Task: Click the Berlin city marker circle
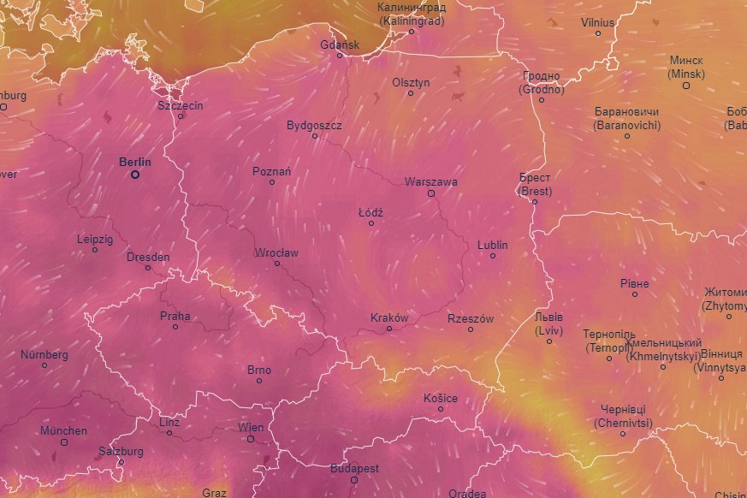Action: click(x=134, y=175)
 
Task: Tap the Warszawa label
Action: click(x=431, y=182)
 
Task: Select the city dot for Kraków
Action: click(x=389, y=328)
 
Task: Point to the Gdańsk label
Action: click(x=340, y=44)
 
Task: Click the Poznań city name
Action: click(x=272, y=171)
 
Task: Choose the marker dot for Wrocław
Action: click(x=277, y=264)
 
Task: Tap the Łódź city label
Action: click(x=371, y=212)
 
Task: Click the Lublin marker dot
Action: click(x=493, y=255)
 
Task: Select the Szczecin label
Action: click(x=181, y=105)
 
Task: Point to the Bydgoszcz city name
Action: click(x=314, y=125)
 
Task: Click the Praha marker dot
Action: click(x=175, y=327)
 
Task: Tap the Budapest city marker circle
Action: click(x=355, y=480)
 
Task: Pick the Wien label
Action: click(x=251, y=427)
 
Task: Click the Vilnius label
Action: click(x=598, y=22)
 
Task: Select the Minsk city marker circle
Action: click(x=686, y=86)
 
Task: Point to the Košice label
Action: click(x=441, y=399)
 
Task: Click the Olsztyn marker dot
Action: click(x=411, y=93)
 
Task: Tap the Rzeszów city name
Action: click(x=471, y=318)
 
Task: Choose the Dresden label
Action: click(x=148, y=257)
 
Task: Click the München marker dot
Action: click(x=64, y=442)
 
